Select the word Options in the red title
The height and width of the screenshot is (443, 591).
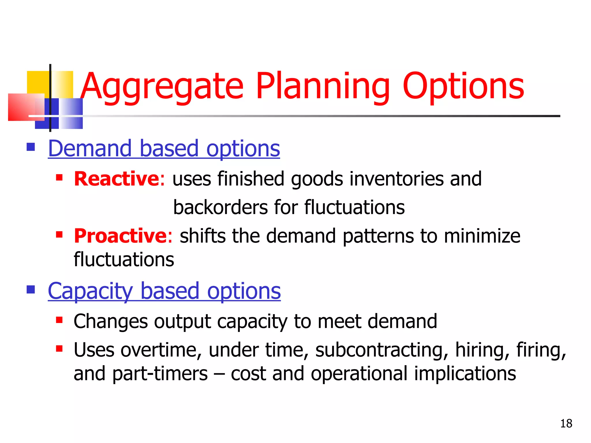(x=463, y=87)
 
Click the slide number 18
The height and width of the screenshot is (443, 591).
(x=566, y=424)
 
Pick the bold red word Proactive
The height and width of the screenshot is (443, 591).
(x=120, y=236)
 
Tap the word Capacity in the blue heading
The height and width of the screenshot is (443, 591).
(x=91, y=291)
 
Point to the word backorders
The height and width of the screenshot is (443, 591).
(x=221, y=207)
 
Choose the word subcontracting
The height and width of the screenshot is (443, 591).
(x=381, y=350)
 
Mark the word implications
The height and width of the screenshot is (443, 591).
(x=465, y=373)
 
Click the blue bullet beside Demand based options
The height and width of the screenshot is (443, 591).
(x=31, y=147)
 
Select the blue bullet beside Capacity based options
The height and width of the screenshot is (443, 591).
(x=31, y=289)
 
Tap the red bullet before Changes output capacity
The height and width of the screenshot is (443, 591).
(x=59, y=320)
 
